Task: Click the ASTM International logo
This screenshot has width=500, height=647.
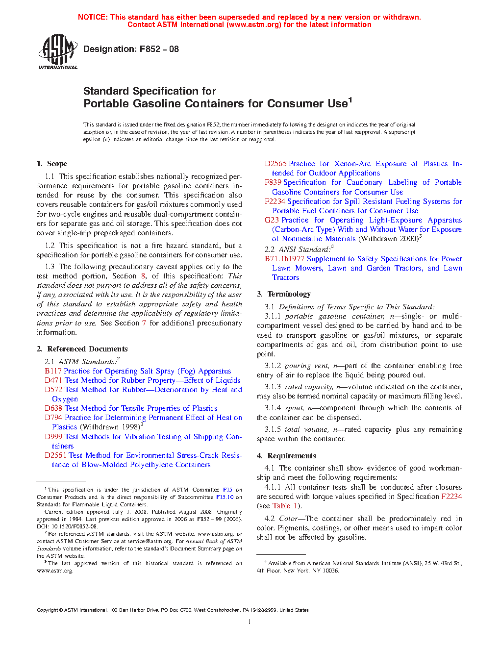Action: pos(57,51)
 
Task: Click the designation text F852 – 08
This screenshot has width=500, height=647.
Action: pos(131,49)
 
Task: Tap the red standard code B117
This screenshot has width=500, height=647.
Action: pos(53,371)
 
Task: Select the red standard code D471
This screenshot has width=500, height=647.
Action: pos(53,380)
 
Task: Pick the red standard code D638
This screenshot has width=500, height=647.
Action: pos(53,408)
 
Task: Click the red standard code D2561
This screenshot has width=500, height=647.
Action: pos(55,455)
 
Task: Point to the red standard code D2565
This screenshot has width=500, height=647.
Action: pos(275,164)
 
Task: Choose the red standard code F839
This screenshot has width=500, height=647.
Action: pos(273,182)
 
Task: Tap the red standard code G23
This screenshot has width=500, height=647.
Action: pos(272,220)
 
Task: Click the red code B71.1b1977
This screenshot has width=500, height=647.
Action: pos(284,259)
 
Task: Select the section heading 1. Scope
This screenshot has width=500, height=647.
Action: pos(52,164)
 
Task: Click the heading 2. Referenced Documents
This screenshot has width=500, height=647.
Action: pos(82,349)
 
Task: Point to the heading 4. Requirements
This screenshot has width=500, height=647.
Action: pos(286,456)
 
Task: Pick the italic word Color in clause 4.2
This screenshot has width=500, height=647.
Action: pos(288,519)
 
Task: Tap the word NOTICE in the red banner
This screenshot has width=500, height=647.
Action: pos(93,17)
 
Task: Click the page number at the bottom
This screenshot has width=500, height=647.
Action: pos(250,622)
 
